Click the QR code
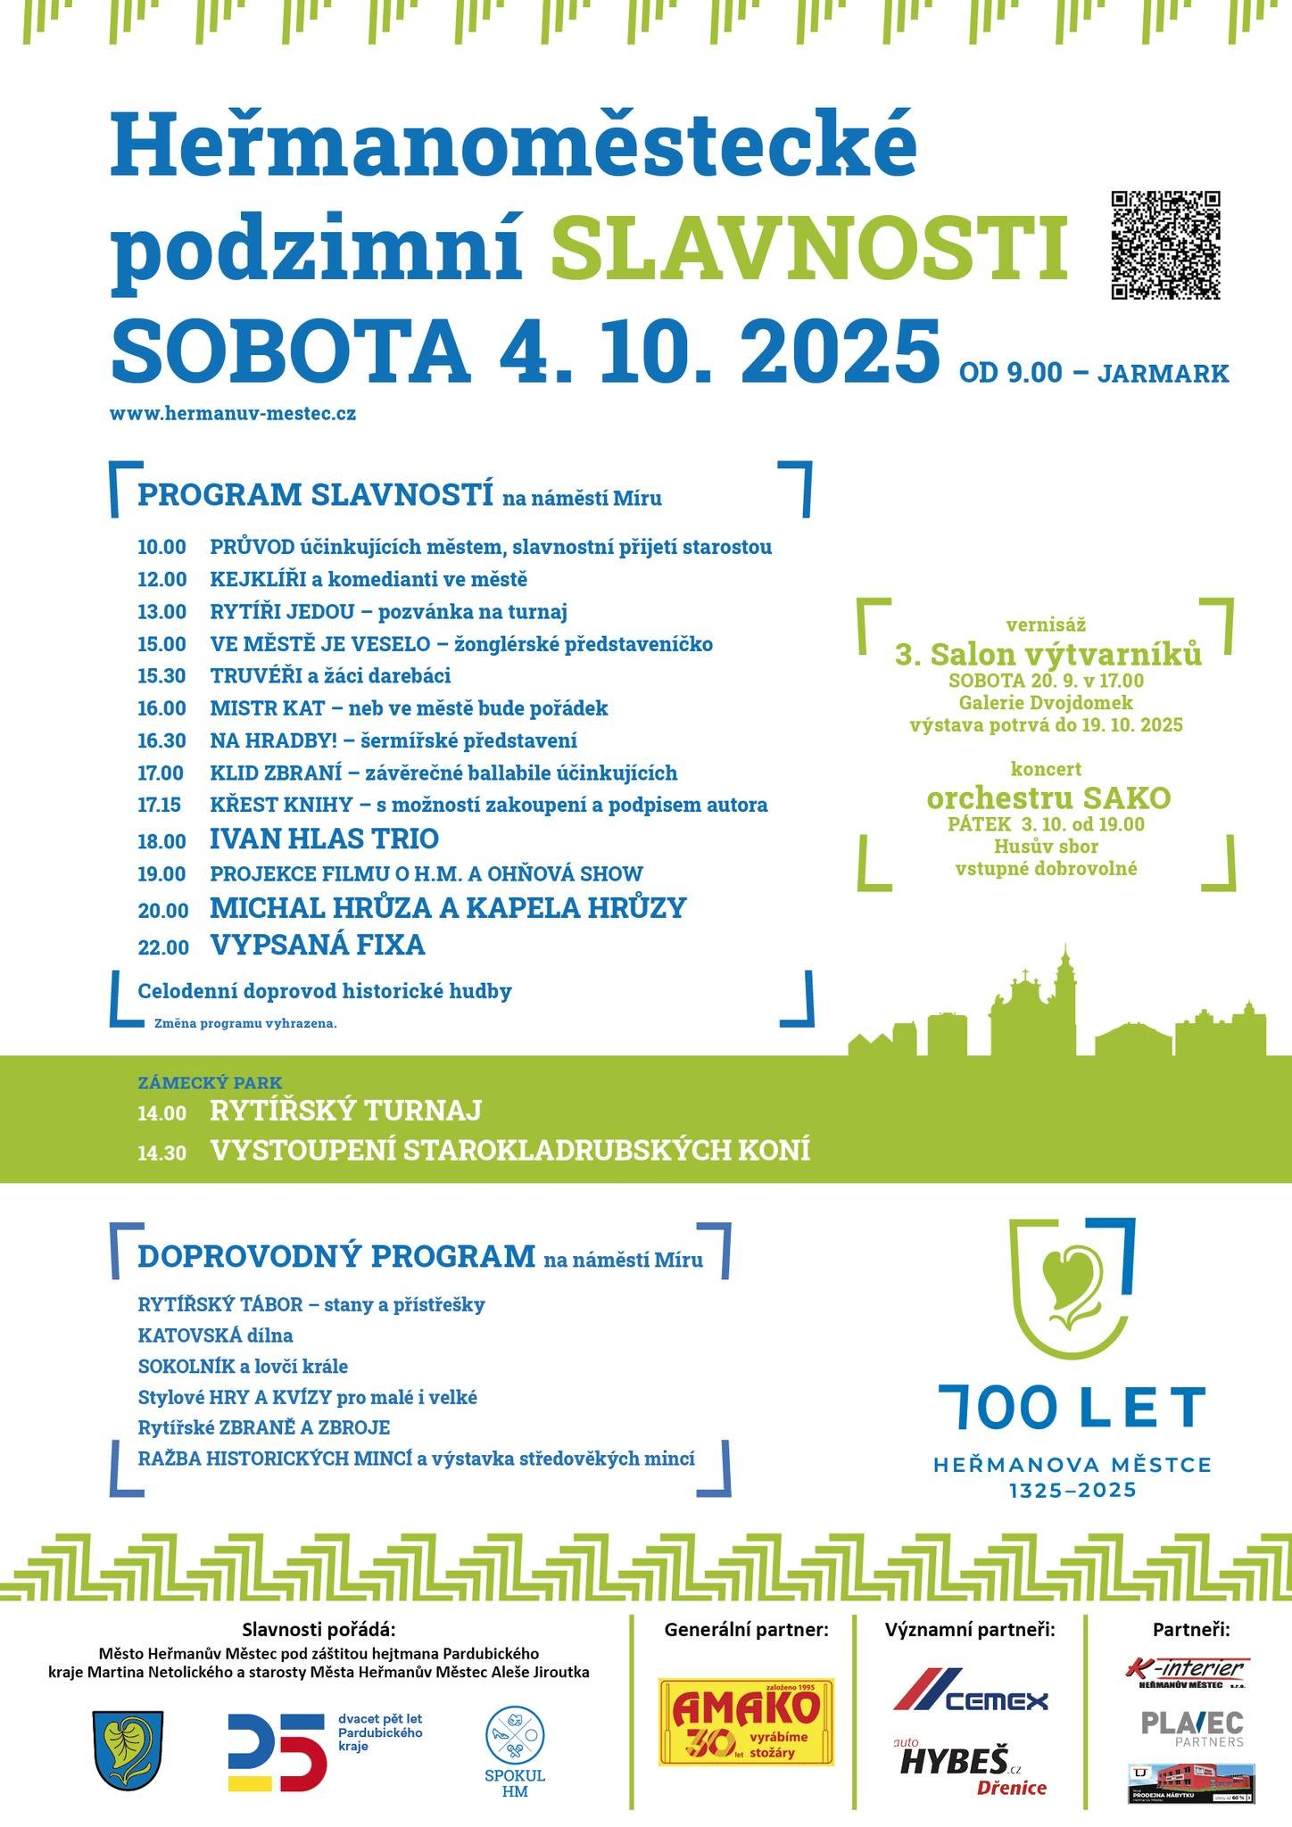(x=1165, y=244)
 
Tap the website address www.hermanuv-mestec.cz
(x=233, y=414)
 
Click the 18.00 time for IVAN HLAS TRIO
(x=161, y=841)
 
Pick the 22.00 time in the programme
(x=162, y=947)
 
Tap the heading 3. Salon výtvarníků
(x=1048, y=655)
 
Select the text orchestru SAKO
(x=1048, y=798)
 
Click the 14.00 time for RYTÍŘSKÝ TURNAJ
(x=161, y=1113)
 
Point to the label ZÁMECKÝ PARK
(x=197, y=1083)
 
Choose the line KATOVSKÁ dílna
(x=215, y=1335)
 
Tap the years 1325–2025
(x=1072, y=1490)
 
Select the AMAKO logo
(x=746, y=1721)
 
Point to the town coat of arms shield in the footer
(x=128, y=1748)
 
